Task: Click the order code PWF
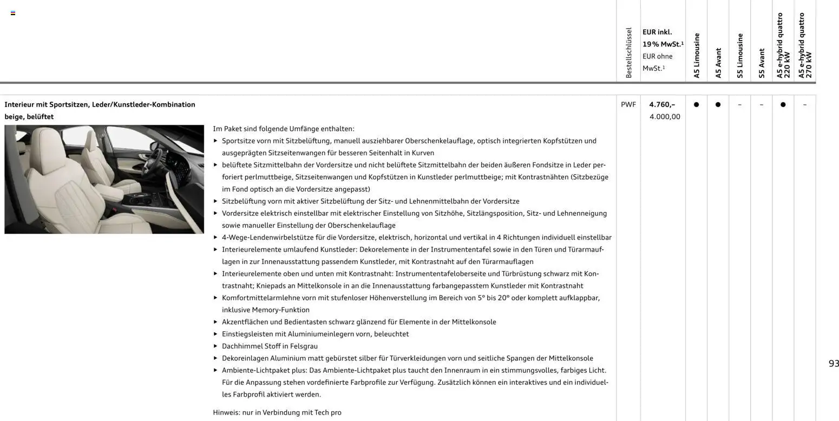[x=628, y=104]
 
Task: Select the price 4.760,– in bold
[x=662, y=104]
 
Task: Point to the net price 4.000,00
[x=665, y=117]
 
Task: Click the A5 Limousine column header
[x=697, y=56]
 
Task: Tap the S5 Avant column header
[x=762, y=63]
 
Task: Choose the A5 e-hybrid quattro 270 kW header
[x=805, y=46]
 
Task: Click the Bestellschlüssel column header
[x=628, y=53]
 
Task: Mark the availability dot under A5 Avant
[x=718, y=104]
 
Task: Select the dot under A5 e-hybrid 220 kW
[x=783, y=104]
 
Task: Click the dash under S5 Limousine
[x=739, y=104]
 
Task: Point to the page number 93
[x=834, y=364]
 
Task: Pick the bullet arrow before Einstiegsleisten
[x=216, y=334]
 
